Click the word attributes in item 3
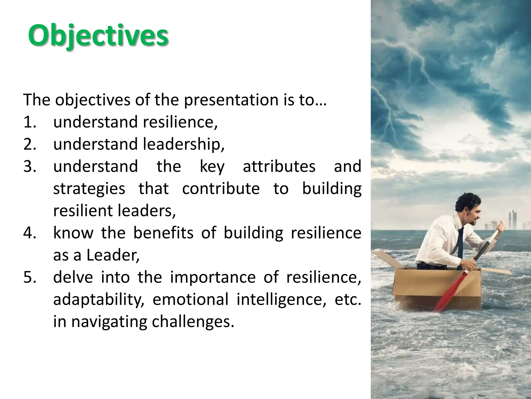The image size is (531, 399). tap(279, 166)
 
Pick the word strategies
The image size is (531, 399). tap(89, 189)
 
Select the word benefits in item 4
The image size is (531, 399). tap(163, 233)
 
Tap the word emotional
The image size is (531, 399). tap(190, 299)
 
